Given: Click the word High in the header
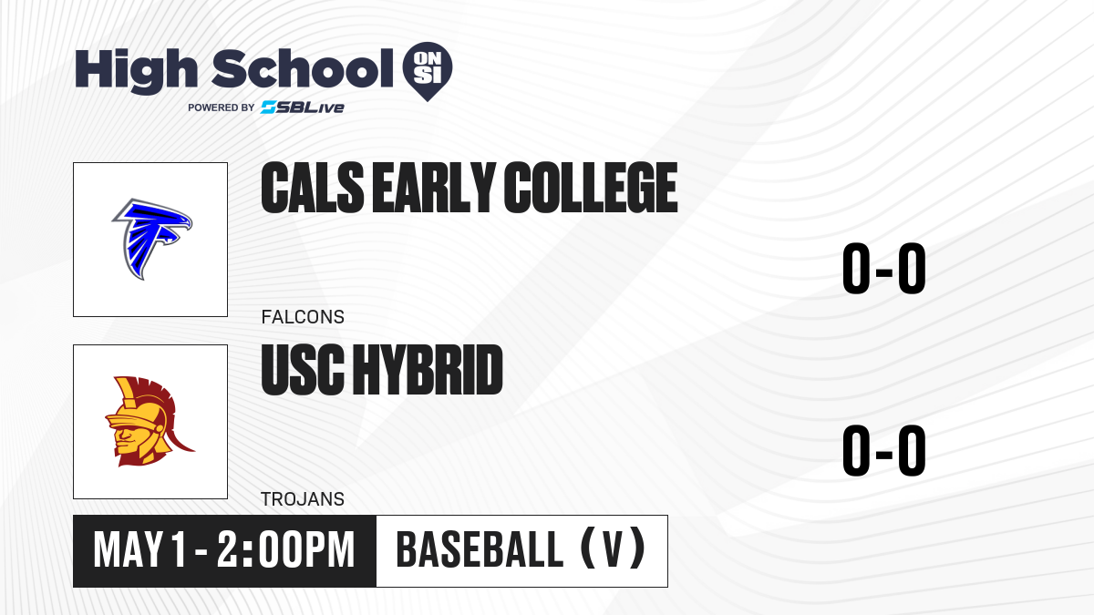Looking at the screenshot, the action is (x=136, y=70).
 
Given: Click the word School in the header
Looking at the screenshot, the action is (x=303, y=68).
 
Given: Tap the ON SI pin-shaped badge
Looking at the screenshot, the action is (x=428, y=71).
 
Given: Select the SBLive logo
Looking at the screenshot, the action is (x=303, y=108).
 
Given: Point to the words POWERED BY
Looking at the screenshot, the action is (x=222, y=108).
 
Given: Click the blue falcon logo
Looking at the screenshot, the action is (x=152, y=239).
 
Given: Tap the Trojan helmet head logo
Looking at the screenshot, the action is (x=150, y=421).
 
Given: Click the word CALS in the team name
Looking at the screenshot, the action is (x=313, y=188).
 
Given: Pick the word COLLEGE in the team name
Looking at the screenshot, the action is (x=591, y=188).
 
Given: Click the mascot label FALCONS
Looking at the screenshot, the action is (x=303, y=317).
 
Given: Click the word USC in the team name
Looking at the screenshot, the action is (x=303, y=370).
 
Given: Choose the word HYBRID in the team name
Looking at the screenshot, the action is (x=428, y=370).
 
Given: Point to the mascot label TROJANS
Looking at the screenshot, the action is (x=303, y=499).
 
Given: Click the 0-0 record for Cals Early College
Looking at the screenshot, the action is (x=884, y=268).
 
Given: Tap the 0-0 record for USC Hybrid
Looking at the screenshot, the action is (x=884, y=450).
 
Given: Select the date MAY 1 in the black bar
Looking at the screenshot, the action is (x=139, y=550).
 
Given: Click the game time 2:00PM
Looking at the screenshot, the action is (x=285, y=550).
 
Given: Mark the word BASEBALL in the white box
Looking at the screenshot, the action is (x=480, y=550).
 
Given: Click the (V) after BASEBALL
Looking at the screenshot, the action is (x=613, y=549).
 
